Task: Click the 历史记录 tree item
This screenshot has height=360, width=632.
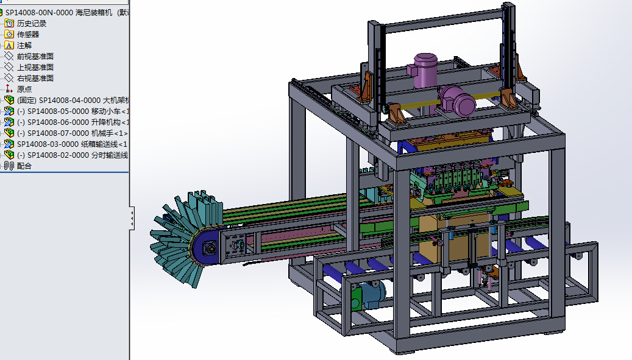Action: coord(32,24)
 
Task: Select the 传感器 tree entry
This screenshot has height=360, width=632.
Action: coord(28,35)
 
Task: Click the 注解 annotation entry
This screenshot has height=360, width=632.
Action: coord(24,46)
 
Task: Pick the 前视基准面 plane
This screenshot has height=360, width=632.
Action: coord(35,57)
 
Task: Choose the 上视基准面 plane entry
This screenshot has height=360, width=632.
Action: coord(35,67)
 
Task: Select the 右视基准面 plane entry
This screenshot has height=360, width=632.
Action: coord(35,78)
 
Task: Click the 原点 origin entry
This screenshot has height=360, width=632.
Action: coord(24,89)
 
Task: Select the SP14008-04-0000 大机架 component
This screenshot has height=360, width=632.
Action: coord(73,101)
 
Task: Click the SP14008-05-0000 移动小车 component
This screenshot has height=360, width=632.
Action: coord(73,111)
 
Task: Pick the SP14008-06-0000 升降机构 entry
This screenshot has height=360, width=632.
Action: coord(73,122)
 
